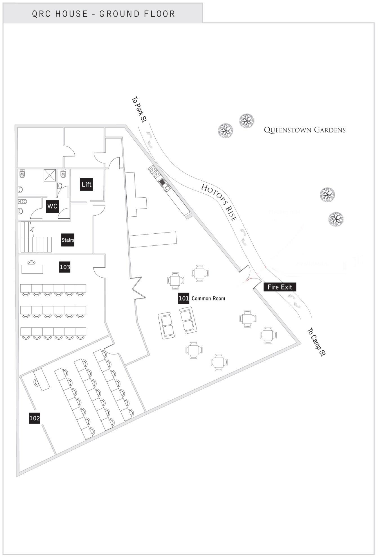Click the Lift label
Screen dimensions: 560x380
coord(86,184)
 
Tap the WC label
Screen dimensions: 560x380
coord(52,206)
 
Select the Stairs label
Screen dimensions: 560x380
coord(68,240)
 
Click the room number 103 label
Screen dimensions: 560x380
coord(65,267)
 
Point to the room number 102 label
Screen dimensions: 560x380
coord(35,418)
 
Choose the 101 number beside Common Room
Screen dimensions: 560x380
coord(184,298)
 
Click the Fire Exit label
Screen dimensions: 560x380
coord(280,287)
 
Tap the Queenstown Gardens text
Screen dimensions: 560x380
coord(305,130)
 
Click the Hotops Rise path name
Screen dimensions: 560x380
coord(219,202)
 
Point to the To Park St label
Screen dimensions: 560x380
coord(139,109)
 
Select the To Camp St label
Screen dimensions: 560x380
coord(316,342)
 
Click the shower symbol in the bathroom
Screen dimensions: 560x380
coord(50,175)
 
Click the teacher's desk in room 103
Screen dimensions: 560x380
coord(32,269)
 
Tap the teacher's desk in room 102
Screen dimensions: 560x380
coord(42,380)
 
